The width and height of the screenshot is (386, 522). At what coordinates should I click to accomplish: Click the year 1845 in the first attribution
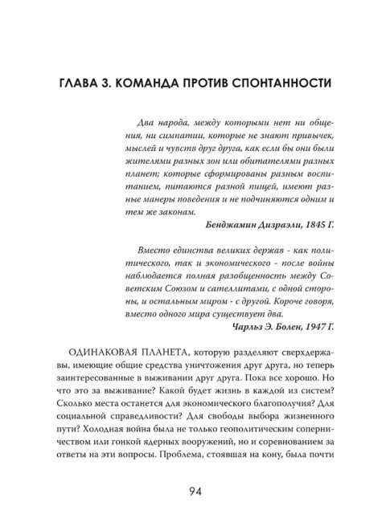coord(310,225)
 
